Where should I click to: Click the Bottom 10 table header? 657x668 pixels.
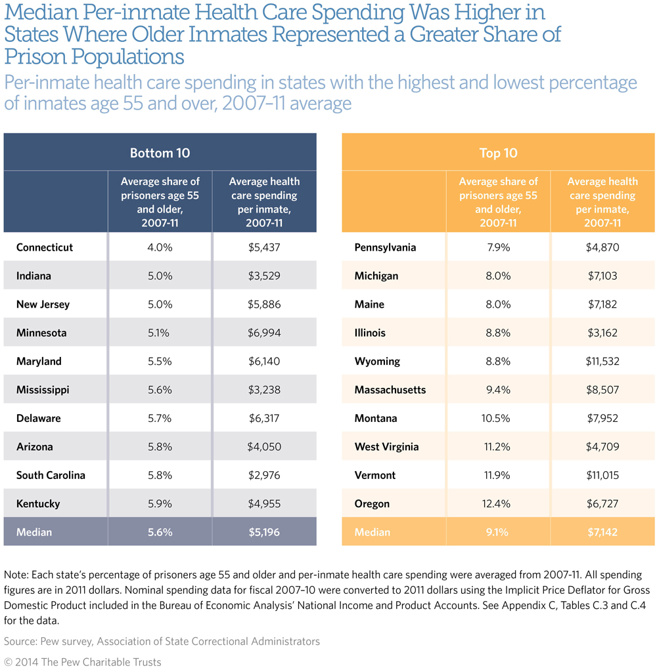[160, 153]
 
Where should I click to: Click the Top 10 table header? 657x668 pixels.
[498, 153]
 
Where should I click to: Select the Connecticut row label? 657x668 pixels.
[45, 247]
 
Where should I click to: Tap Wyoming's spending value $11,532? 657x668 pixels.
[602, 362]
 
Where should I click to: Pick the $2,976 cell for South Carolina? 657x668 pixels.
[264, 475]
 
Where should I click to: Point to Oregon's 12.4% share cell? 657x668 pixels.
[498, 504]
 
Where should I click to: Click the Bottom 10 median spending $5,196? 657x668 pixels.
[264, 532]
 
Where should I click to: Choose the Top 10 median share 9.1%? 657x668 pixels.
[498, 532]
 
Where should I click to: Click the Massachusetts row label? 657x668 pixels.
[390, 390]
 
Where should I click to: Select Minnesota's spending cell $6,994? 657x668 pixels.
[264, 333]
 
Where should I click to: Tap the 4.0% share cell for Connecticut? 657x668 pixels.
[160, 247]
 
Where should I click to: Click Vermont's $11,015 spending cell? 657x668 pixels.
[602, 475]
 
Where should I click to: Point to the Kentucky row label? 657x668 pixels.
[38, 504]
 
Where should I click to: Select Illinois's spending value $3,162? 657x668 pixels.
[602, 333]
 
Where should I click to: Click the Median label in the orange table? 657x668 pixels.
[371, 532]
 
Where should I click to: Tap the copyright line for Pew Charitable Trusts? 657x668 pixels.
[83, 661]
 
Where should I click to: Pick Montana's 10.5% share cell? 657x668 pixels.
[498, 418]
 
